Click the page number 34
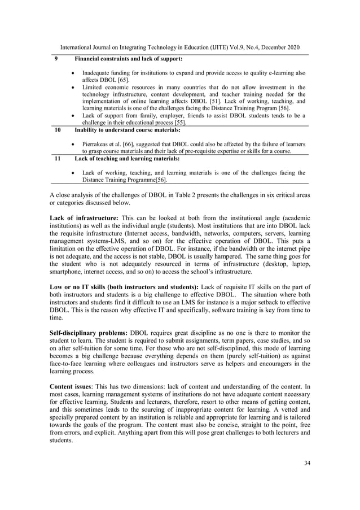click(307, 463)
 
